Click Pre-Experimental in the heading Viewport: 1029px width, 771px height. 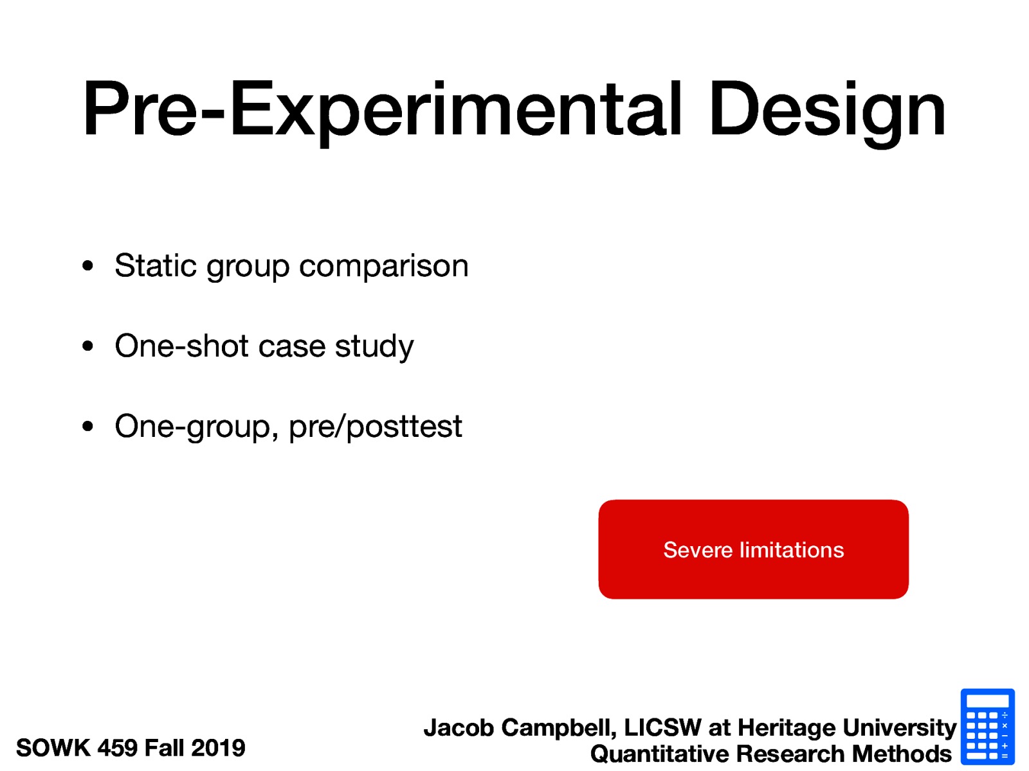(381, 111)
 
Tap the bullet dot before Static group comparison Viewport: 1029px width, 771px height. (88, 265)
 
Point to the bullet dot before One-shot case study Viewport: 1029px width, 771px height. (88, 346)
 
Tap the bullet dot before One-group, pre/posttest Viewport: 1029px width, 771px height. (88, 426)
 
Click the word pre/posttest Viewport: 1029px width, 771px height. (375, 427)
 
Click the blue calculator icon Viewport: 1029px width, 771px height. (987, 727)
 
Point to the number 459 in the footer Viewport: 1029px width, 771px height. (117, 748)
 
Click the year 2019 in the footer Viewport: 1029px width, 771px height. (218, 748)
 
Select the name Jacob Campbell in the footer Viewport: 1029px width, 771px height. (518, 728)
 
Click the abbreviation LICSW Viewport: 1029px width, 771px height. (662, 728)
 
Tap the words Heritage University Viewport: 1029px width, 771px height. (846, 728)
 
